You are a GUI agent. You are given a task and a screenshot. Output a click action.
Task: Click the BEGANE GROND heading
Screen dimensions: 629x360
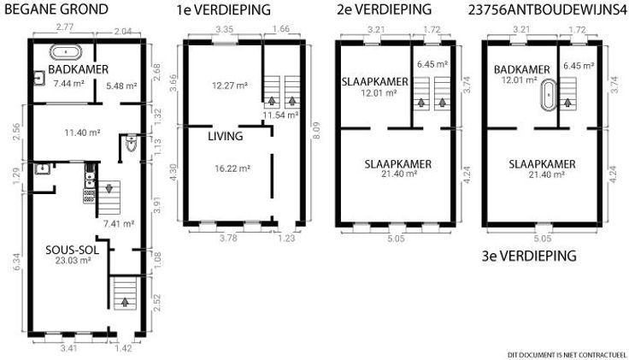(56, 9)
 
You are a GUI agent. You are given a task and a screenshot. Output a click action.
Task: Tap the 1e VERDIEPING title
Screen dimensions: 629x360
(223, 10)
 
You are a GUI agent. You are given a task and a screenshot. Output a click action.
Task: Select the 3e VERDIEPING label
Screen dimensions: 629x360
(529, 256)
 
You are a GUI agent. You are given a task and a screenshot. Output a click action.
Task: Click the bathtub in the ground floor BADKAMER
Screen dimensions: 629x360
(66, 52)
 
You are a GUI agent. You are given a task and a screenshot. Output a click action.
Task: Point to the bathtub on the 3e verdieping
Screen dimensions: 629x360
(549, 95)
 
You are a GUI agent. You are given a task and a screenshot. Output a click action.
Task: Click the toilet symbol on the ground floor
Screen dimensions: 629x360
(132, 144)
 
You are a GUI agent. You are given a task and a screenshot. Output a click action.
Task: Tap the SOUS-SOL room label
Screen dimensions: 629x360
(72, 250)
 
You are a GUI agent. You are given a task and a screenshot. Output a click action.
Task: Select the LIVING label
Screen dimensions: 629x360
(226, 137)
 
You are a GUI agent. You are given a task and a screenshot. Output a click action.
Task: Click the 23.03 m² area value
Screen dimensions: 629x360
(73, 261)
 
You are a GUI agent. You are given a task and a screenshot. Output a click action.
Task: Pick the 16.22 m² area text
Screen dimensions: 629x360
(232, 168)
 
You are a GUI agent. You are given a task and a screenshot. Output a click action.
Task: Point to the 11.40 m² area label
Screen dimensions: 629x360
(82, 133)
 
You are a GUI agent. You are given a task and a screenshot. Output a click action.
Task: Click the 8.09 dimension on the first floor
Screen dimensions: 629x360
(316, 132)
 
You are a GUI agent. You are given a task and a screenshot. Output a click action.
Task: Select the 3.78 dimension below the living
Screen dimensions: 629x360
(228, 238)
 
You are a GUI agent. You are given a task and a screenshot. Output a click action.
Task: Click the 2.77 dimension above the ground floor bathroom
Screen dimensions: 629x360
(65, 27)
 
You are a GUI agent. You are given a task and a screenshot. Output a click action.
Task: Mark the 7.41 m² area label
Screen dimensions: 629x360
(119, 224)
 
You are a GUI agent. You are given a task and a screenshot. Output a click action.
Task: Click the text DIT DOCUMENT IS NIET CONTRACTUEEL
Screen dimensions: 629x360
(567, 355)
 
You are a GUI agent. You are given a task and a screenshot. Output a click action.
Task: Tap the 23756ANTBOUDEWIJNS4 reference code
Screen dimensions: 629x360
(548, 9)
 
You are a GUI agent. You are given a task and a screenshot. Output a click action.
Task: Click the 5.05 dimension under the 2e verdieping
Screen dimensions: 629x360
(396, 239)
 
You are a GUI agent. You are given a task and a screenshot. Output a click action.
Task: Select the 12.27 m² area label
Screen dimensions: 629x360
(230, 86)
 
